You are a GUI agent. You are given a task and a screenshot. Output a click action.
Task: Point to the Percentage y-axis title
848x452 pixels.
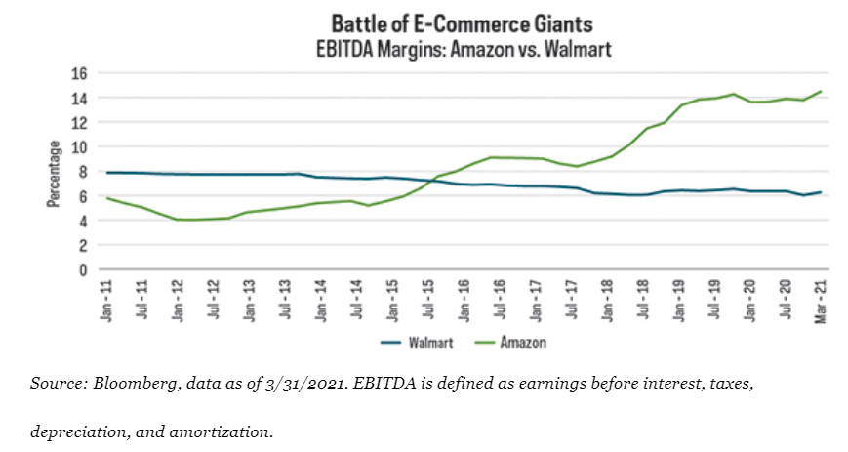[55, 173]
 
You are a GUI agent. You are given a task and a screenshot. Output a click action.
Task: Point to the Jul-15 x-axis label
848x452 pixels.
[427, 296]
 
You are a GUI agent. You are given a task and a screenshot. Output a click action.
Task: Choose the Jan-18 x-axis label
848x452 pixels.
[606, 296]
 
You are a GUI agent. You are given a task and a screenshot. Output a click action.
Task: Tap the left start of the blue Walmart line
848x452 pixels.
[106, 173]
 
